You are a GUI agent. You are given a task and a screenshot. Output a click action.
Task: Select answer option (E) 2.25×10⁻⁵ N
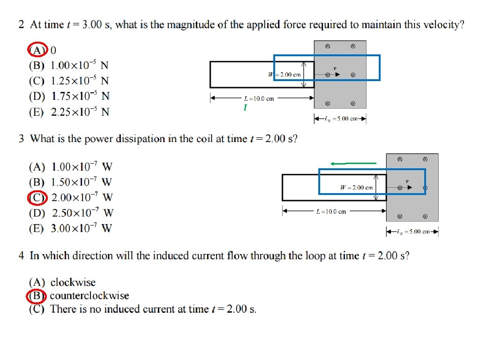tap(69, 112)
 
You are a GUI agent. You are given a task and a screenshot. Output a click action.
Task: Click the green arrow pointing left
tap(353, 163)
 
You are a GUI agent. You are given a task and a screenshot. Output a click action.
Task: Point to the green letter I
tap(245, 108)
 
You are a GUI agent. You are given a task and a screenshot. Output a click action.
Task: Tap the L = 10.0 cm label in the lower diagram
tap(331, 212)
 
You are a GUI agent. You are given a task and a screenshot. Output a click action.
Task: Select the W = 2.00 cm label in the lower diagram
tap(357, 187)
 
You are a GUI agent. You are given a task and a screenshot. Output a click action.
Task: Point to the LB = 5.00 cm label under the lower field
tap(413, 232)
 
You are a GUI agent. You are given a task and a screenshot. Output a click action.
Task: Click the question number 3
tap(22, 139)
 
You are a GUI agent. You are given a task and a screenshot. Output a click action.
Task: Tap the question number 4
tap(22, 256)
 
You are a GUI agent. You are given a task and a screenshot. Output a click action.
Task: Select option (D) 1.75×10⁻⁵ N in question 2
tap(69, 97)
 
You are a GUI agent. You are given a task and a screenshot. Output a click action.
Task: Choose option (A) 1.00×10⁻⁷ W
tap(71, 167)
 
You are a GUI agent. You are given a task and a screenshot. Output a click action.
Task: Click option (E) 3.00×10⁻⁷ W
tap(71, 229)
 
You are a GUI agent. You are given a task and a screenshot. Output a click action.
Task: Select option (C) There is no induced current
tap(143, 309)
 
